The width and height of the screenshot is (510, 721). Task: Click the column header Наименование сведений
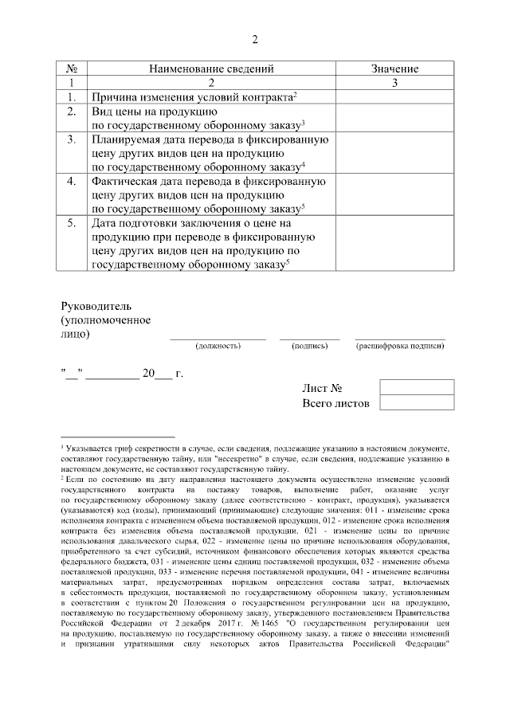(211, 69)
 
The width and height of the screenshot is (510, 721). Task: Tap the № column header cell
(71, 69)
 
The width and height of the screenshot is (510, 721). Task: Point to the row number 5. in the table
(71, 224)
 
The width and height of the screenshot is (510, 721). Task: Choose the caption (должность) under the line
(218, 347)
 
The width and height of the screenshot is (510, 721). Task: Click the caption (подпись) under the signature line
(309, 347)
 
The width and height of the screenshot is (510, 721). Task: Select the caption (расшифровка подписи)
(400, 347)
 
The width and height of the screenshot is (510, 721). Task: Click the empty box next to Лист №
(417, 387)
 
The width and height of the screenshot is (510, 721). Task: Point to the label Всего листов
(336, 403)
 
